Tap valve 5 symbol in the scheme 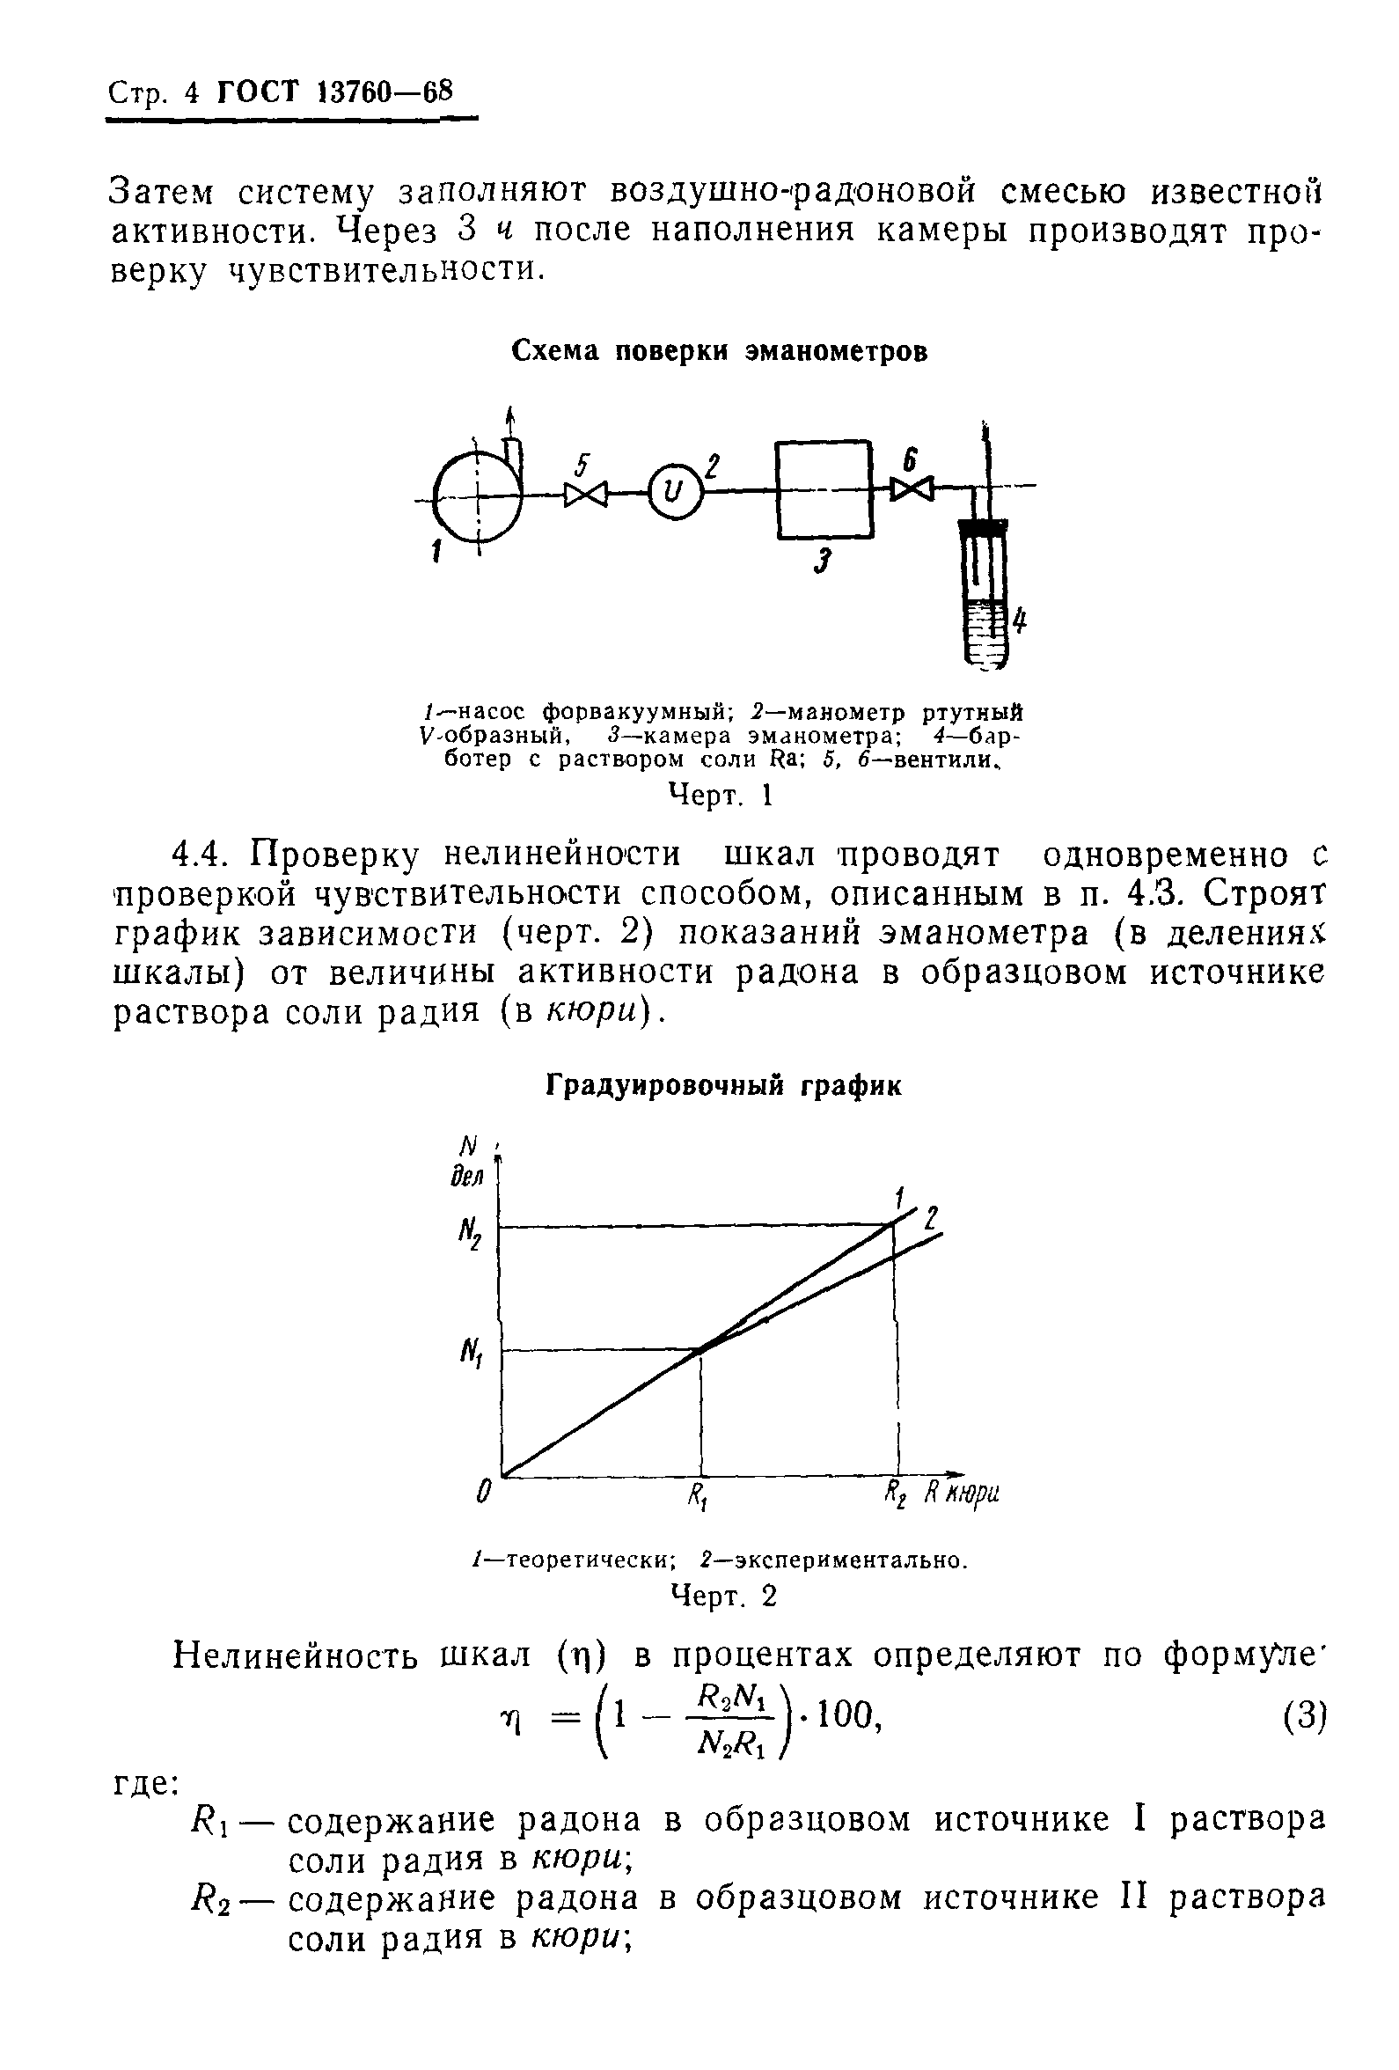point(585,493)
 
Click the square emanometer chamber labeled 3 point(824,489)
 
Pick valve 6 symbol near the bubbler point(912,488)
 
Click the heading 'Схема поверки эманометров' point(720,353)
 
